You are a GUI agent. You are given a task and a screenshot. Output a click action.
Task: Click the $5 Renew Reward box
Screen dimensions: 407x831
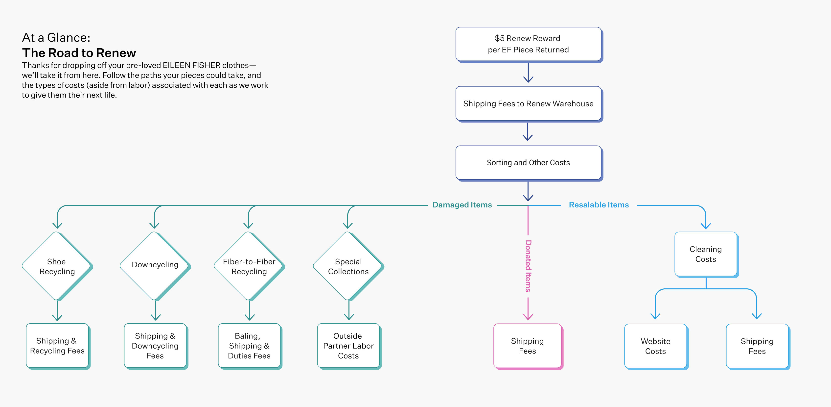point(528,44)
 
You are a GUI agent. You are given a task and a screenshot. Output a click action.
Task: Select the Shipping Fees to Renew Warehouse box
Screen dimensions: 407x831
point(528,103)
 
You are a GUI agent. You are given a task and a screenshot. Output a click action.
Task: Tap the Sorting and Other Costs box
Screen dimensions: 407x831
point(528,162)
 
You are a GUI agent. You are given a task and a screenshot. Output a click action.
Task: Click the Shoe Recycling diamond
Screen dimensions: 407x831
point(57,266)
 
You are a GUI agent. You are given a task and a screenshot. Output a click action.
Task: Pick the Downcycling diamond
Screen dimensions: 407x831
point(155,265)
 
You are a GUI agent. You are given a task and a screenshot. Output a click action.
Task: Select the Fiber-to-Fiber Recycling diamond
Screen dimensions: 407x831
point(249,266)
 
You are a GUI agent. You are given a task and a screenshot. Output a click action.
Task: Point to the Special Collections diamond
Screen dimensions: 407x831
point(348,266)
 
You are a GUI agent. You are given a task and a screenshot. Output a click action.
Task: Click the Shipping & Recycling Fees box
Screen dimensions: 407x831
point(57,346)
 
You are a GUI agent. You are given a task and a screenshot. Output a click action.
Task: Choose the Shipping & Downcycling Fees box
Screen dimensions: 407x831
point(155,346)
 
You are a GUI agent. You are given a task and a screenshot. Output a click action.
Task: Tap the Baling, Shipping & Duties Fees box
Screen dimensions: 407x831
point(249,346)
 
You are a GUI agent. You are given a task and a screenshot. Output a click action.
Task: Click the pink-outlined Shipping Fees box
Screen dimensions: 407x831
point(528,346)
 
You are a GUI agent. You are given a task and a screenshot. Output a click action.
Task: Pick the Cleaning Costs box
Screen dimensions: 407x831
point(706,254)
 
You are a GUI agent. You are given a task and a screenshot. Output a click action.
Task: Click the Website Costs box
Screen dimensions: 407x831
point(655,346)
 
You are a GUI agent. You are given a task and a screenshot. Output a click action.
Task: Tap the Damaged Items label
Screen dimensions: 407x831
point(462,205)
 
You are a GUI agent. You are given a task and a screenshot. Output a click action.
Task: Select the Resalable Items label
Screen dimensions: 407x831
point(599,205)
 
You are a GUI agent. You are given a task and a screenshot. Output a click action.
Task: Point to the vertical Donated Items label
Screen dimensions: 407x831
point(528,266)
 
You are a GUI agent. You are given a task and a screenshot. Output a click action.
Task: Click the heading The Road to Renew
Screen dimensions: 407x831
point(79,53)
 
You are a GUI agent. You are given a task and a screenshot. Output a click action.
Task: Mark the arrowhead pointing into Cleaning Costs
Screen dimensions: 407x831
point(706,226)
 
